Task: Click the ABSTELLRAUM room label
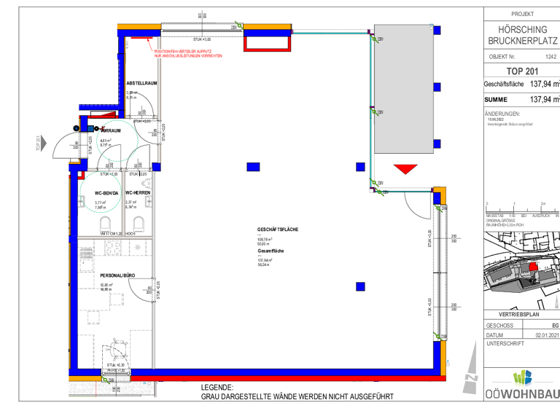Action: click(141, 83)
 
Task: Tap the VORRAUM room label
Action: click(109, 130)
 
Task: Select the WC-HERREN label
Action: click(137, 192)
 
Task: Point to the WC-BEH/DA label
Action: click(107, 192)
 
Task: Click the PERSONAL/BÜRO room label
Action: click(117, 276)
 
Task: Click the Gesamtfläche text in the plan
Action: click(271, 251)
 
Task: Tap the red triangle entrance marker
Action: click(403, 169)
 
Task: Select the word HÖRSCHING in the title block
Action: click(522, 29)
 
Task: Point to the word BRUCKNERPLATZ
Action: click(522, 42)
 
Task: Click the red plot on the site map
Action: click(534, 268)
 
